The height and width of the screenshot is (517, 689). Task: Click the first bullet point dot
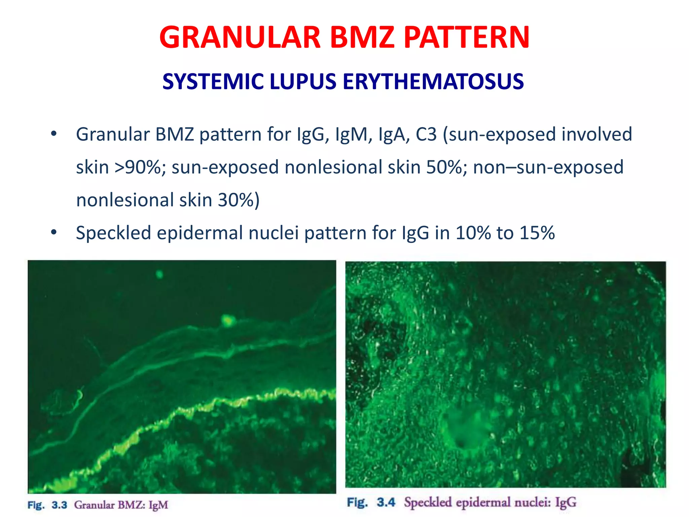(54, 134)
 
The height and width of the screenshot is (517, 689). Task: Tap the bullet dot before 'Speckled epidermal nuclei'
(54, 233)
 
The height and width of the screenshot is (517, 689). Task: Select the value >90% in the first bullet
(140, 167)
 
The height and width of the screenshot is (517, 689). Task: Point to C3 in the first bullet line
(426, 134)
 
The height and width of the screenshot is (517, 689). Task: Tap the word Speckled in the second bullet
(113, 233)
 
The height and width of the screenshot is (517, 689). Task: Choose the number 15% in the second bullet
(537, 233)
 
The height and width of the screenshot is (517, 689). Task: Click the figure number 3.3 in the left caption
(59, 505)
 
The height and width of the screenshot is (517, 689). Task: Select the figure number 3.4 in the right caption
(386, 502)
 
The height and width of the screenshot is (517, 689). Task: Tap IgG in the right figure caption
(566, 503)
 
